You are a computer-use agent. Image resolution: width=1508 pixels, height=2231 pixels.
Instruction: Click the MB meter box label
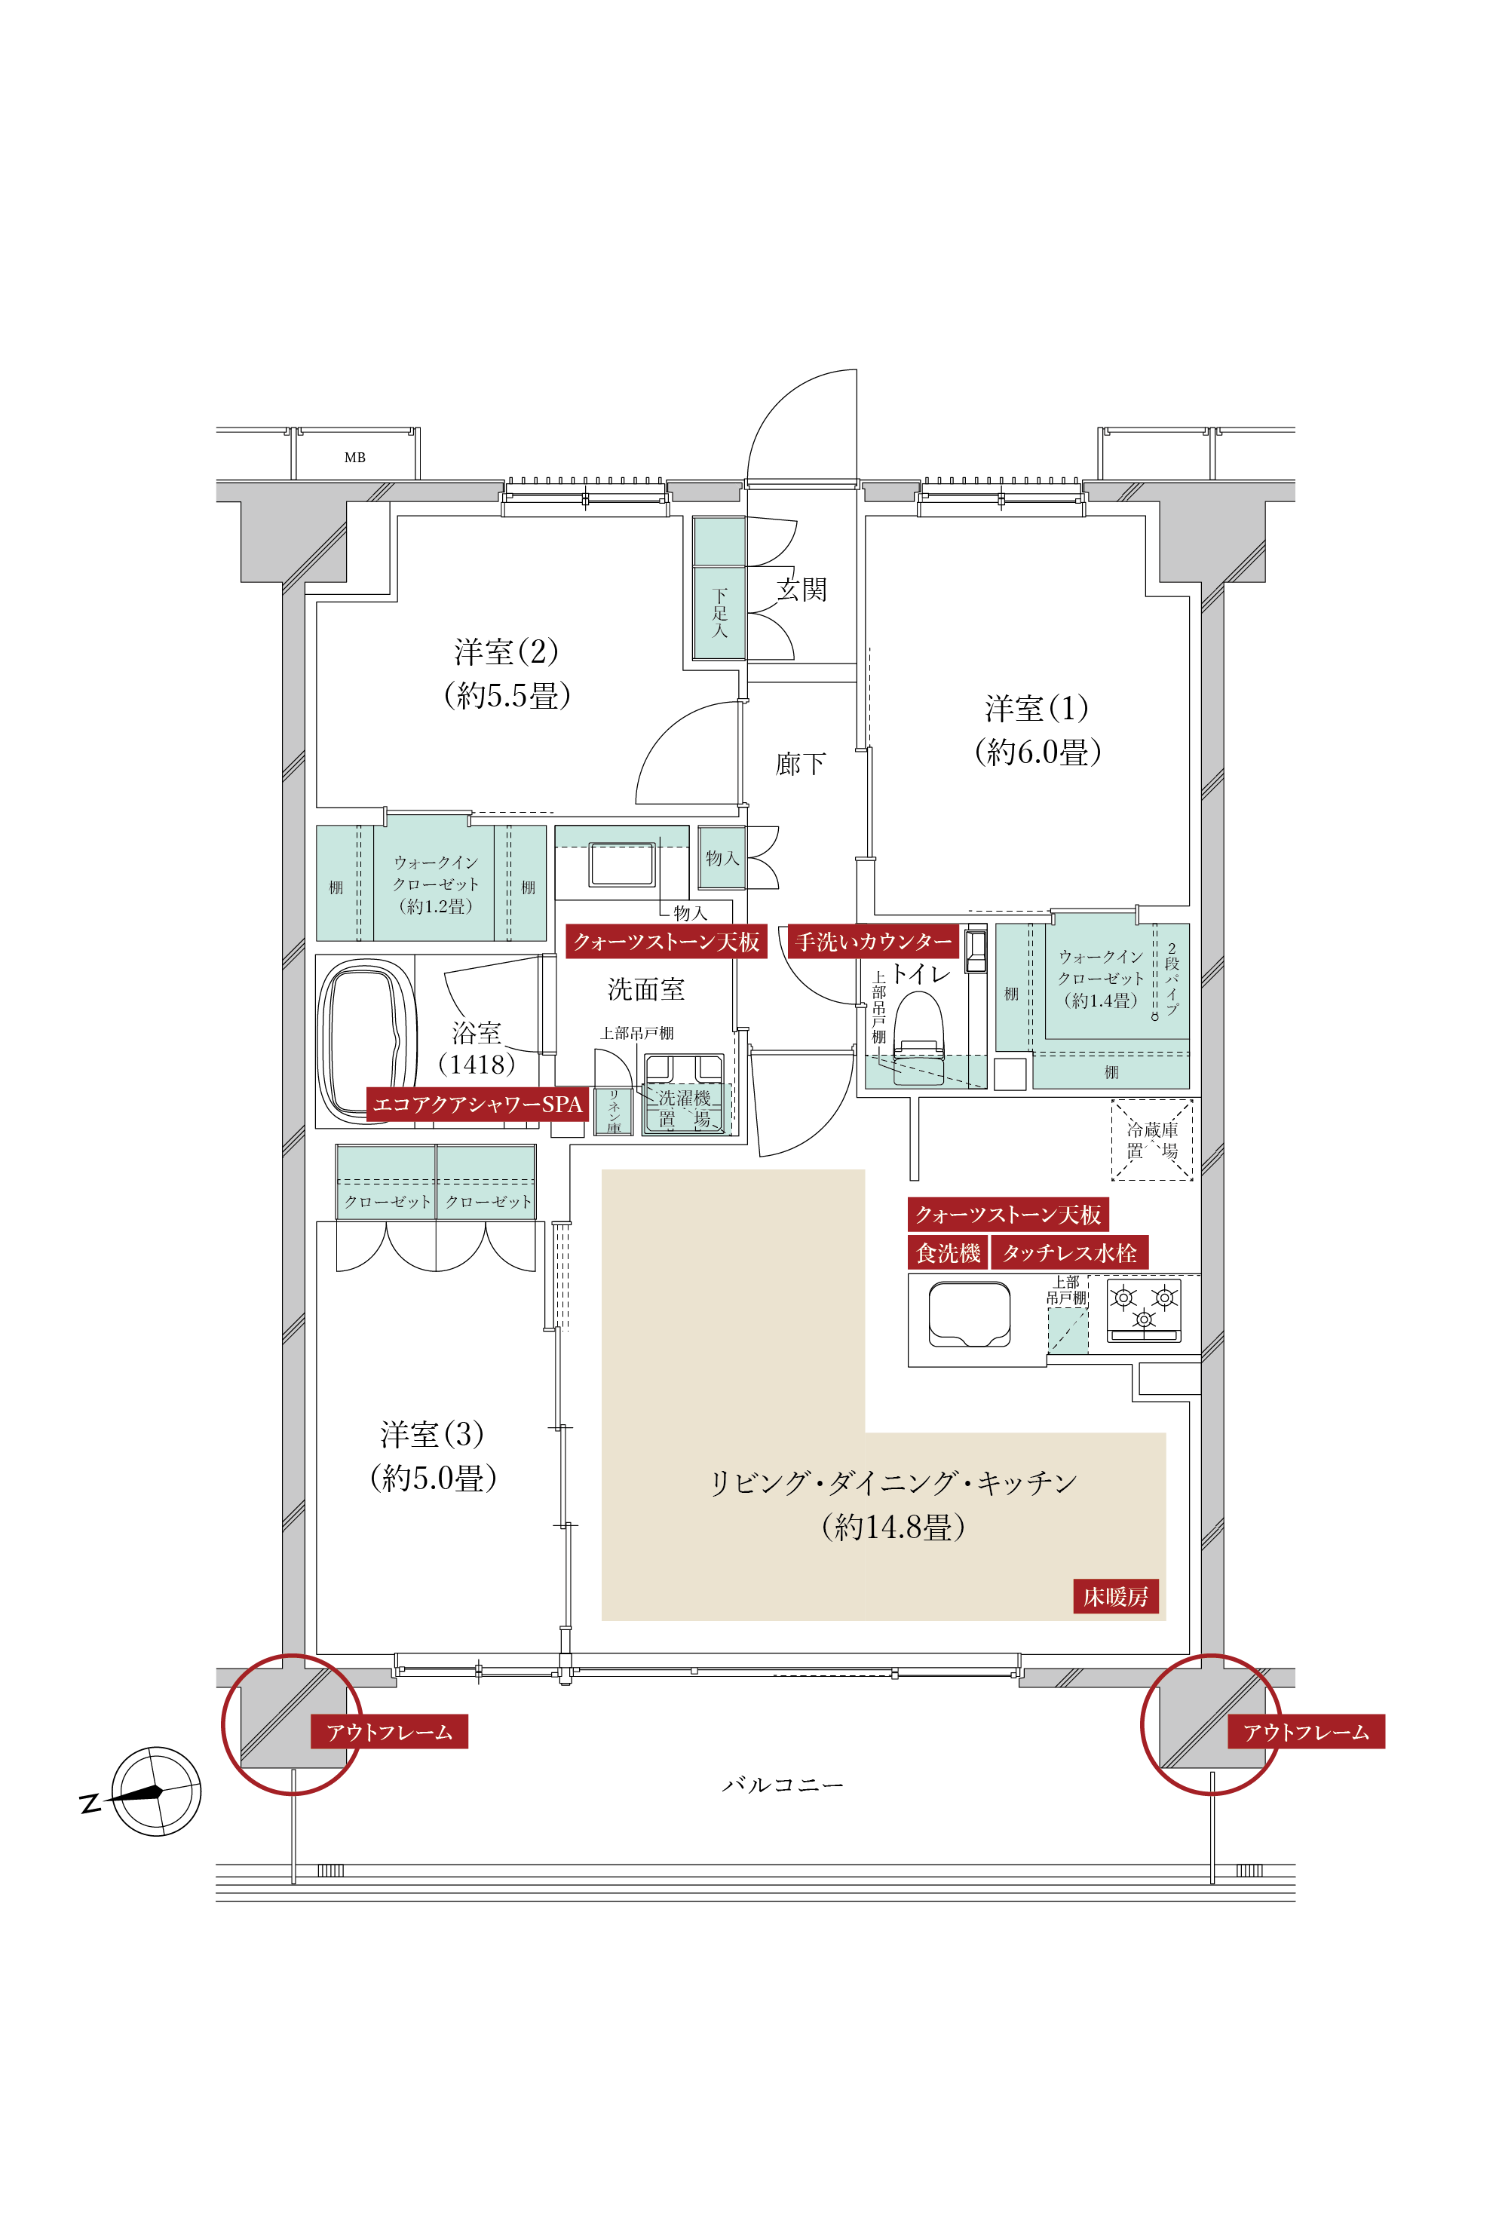pos(354,458)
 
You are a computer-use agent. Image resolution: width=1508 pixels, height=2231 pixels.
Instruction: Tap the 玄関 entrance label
pos(802,590)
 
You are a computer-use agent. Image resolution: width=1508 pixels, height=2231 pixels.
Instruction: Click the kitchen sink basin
pos(969,1314)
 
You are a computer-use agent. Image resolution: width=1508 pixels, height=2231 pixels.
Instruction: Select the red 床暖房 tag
pos(1115,1596)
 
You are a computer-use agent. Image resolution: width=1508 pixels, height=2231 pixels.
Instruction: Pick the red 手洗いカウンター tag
pos(873,942)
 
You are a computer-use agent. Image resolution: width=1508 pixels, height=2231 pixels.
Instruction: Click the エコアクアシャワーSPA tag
pos(477,1104)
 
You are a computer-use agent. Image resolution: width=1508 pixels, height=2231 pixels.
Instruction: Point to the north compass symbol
pos(155,1791)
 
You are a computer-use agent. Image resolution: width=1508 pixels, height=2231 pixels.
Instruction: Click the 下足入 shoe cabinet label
pos(719,614)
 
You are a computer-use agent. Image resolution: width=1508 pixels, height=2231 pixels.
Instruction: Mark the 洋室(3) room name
pos(432,1434)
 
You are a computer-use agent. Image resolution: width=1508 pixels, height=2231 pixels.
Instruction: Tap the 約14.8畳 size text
pos(893,1528)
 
